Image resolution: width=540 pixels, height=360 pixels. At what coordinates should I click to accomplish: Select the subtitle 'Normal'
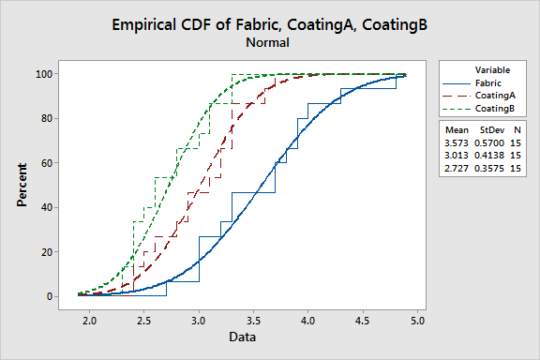[267, 42]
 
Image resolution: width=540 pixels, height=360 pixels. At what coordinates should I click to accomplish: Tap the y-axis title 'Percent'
[21, 185]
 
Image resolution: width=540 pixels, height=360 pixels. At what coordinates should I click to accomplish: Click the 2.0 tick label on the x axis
[89, 321]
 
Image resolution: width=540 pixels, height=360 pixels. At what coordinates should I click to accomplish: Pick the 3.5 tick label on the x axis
[253, 321]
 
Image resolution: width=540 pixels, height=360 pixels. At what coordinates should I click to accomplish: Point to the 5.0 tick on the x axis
[417, 321]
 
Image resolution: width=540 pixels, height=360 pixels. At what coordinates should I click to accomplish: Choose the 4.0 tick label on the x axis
[307, 321]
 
